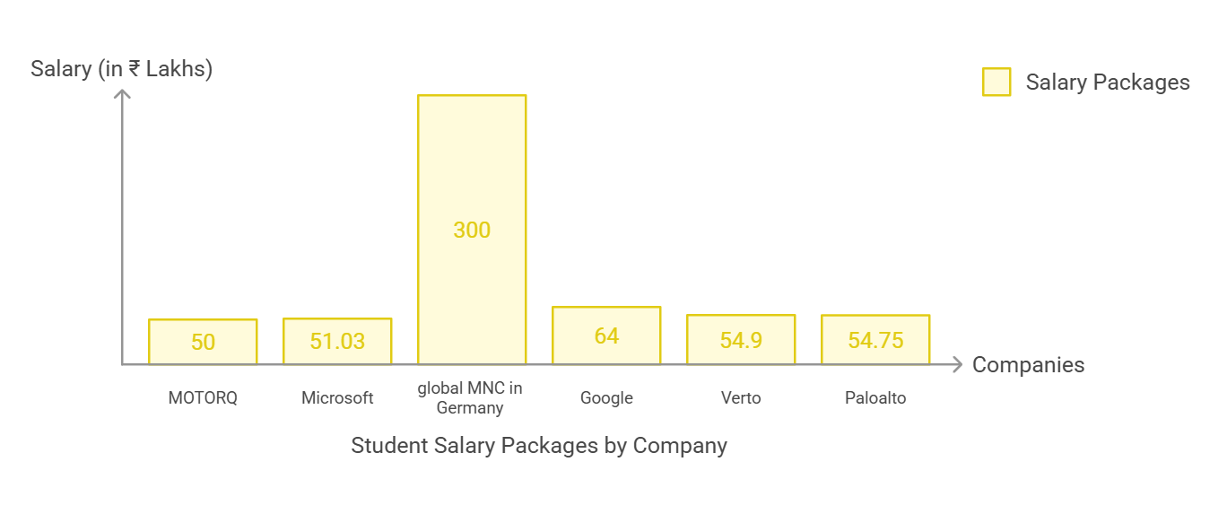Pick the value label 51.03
coord(337,342)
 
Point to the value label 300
coord(472,231)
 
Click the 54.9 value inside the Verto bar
coord(741,341)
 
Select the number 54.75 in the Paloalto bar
coord(875,341)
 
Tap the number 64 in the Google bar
coord(606,335)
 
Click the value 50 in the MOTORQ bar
coord(203,342)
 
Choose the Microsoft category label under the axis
coord(337,397)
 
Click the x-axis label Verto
coord(741,397)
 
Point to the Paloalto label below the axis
coord(875,397)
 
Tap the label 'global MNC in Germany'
coord(471,398)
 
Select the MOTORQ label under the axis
coord(203,397)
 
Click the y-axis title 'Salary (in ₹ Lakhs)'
coord(121,68)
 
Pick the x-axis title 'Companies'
coord(1028,365)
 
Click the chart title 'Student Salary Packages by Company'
coord(538,446)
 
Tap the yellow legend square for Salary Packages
coord(996,82)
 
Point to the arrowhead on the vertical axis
coord(123,92)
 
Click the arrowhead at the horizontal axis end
coord(957,364)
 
